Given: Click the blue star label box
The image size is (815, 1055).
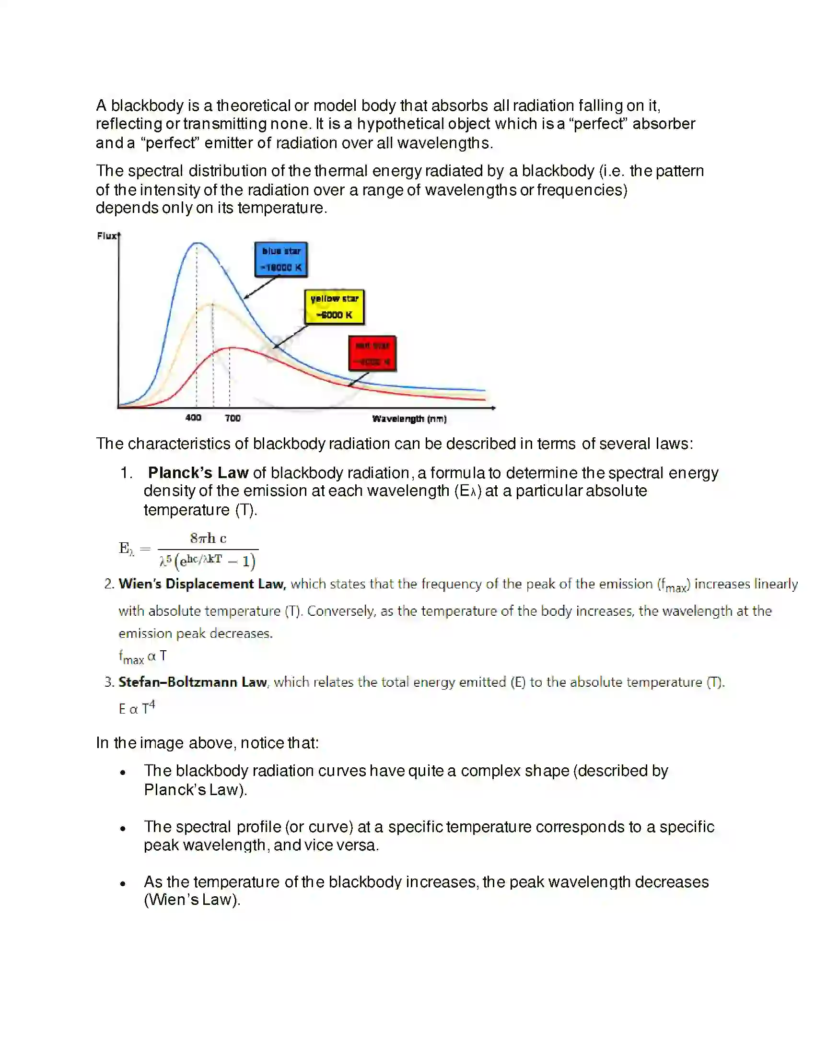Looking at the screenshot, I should point(281,259).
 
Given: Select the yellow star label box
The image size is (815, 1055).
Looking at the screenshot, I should point(334,307).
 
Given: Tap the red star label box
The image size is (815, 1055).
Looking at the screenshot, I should point(372,353).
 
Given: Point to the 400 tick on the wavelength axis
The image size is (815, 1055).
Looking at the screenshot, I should point(193,417).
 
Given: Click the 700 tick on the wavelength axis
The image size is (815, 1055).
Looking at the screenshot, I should point(232,418).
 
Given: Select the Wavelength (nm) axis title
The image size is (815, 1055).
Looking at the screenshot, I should point(409,419).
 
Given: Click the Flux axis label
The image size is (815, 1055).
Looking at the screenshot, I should point(106,236).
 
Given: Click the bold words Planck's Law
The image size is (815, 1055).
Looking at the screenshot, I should point(198,472).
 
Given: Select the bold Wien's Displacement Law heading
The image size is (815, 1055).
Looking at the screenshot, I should point(202,584).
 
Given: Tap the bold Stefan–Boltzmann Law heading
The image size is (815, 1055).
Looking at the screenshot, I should point(192,682).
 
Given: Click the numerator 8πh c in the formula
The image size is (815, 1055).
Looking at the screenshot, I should point(208,538).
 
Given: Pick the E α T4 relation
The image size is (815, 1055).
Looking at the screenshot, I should point(137,708).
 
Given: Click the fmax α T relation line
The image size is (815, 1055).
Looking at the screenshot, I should point(142,656).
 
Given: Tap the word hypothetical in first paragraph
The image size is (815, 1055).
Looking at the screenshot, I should point(400,124).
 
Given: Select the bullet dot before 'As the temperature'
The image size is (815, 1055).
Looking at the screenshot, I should point(123,884).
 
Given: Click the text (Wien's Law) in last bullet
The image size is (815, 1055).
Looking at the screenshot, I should point(192,900).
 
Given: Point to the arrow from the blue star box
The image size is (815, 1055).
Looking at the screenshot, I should point(261,287).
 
